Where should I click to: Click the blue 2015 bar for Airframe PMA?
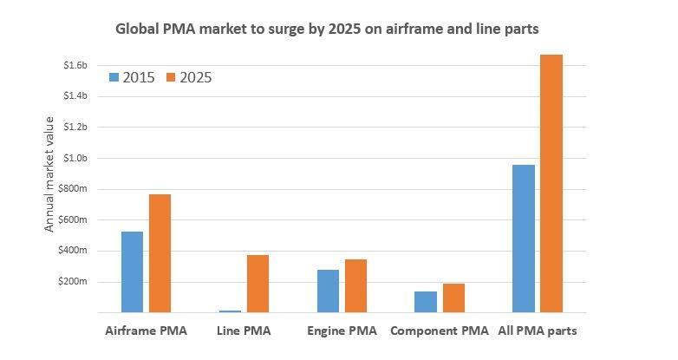pyautogui.click(x=133, y=272)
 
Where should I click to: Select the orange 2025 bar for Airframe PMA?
pyautogui.click(x=160, y=253)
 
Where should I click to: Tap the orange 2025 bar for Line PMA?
pyautogui.click(x=258, y=284)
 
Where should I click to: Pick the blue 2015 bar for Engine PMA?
pyautogui.click(x=328, y=291)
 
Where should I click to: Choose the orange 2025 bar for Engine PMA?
pyautogui.click(x=355, y=285)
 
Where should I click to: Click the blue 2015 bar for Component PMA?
pyautogui.click(x=426, y=302)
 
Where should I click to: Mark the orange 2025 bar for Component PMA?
pyautogui.click(x=453, y=298)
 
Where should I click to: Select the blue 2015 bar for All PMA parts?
pyautogui.click(x=524, y=239)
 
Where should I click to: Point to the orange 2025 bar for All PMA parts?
pyautogui.click(x=551, y=183)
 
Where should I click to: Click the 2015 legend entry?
pyautogui.click(x=132, y=77)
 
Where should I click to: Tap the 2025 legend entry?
pyautogui.click(x=189, y=77)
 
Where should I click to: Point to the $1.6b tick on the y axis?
pyautogui.click(x=75, y=65)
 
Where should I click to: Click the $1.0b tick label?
pyautogui.click(x=75, y=158)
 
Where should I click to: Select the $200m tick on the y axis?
pyautogui.click(x=75, y=282)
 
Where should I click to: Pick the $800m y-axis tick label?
pyautogui.click(x=75, y=189)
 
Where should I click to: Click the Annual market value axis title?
pyautogui.click(x=49, y=173)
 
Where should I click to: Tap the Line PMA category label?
pyautogui.click(x=244, y=331)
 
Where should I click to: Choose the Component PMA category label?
pyautogui.click(x=440, y=331)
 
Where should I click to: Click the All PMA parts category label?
pyautogui.click(x=538, y=331)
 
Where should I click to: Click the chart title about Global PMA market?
pyautogui.click(x=327, y=29)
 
